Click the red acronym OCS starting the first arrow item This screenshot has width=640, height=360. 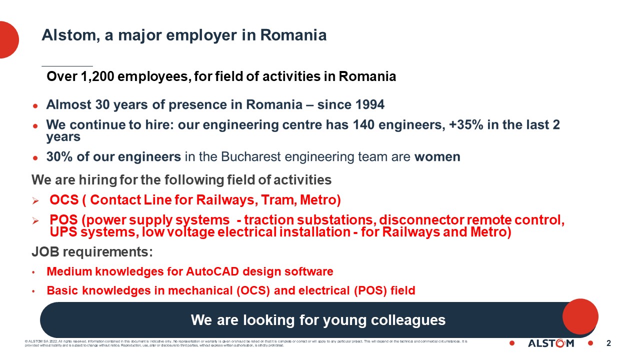64,200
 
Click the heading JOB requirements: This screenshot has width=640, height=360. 92,251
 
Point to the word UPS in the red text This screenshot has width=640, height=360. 63,232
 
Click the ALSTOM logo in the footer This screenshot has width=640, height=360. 551,343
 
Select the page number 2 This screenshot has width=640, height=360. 608,343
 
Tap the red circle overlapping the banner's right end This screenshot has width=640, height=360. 580,316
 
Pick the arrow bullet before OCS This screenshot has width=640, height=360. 35,200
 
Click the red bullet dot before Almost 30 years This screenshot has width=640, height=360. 35,105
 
